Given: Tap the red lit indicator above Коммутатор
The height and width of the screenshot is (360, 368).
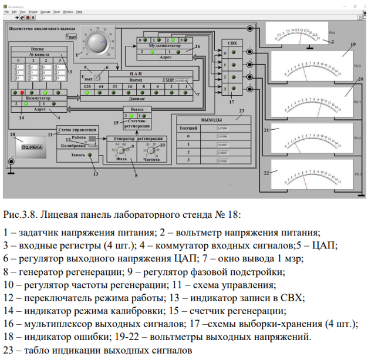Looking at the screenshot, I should [22, 93].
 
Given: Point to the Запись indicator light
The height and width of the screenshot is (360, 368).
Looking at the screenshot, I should [90, 155].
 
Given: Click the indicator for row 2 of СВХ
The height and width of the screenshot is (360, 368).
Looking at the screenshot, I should [234, 76].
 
